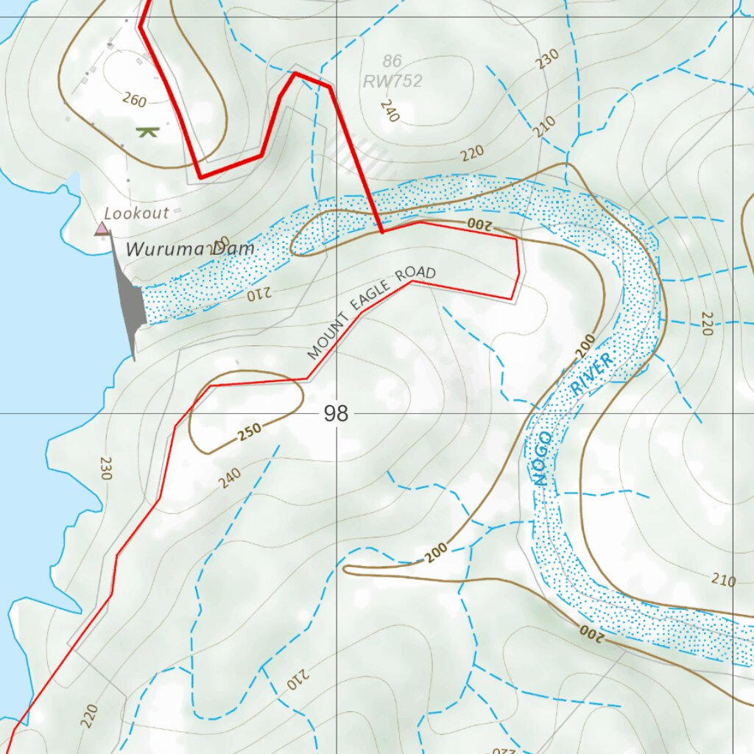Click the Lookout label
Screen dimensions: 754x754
tap(137, 214)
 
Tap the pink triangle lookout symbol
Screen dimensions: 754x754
tap(102, 229)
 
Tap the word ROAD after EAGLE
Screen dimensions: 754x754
tap(416, 275)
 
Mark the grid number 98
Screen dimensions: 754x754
tap(336, 414)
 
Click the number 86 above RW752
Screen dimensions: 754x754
tap(392, 61)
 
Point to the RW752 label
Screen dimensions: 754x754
tap(393, 81)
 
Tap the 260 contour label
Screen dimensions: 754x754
tap(134, 99)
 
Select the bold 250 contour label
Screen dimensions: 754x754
tap(250, 434)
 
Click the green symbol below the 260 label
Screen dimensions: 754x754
tap(148, 132)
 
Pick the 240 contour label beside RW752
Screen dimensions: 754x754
tap(390, 110)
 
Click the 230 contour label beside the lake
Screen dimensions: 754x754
tap(105, 468)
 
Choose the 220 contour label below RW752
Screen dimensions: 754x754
tap(472, 153)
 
